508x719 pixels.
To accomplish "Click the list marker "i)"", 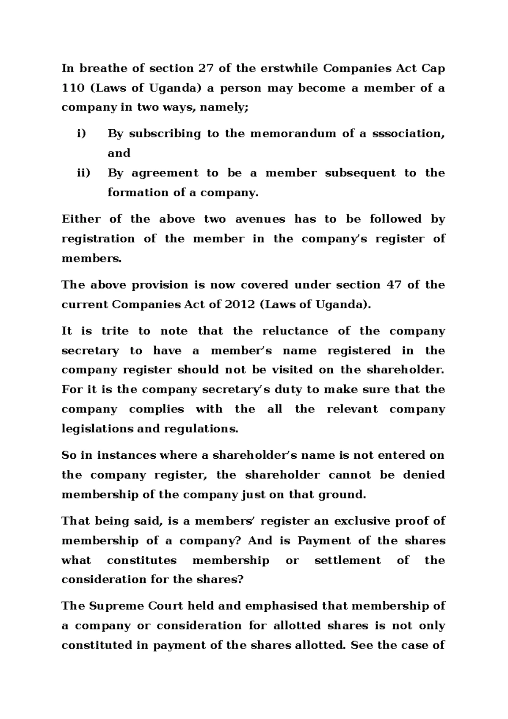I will coord(81,134).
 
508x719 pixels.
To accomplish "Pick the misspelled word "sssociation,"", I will coord(409,134).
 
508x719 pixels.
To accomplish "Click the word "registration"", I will coord(98,239).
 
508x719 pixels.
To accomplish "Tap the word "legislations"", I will coord(95,429).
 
